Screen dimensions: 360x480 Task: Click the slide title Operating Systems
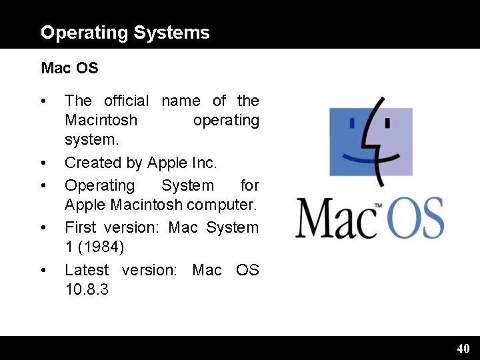click(125, 32)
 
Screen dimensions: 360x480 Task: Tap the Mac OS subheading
click(69, 68)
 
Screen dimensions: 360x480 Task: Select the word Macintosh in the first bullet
click(101, 121)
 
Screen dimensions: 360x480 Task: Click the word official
click(126, 101)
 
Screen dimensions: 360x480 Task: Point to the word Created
click(89, 163)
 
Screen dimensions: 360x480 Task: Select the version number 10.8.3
click(87, 291)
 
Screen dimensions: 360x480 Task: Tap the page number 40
click(463, 348)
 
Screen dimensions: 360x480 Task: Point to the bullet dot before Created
click(44, 163)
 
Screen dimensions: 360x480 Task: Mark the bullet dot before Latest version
click(44, 271)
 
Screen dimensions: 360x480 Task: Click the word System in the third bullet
click(188, 185)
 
